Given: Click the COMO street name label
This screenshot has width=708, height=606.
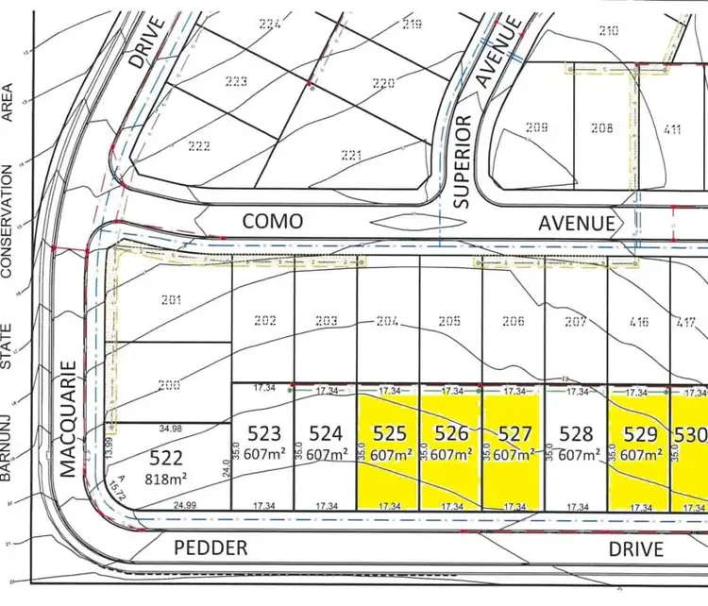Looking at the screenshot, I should [273, 221].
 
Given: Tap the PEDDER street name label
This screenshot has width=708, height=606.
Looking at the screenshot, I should [211, 547].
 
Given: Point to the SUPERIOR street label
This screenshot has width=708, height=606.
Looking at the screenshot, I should [463, 161].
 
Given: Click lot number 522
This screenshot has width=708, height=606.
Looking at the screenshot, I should [166, 458].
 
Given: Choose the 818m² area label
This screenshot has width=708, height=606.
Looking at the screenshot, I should [166, 478].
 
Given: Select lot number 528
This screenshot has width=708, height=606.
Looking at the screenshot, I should [576, 434].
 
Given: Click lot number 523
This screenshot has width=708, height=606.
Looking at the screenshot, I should [264, 434].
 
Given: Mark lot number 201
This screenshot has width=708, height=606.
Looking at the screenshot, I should [170, 300].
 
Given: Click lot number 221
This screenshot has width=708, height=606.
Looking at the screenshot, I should [350, 155].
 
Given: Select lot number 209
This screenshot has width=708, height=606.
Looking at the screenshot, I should [537, 128].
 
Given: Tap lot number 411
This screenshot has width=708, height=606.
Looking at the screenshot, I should [672, 129].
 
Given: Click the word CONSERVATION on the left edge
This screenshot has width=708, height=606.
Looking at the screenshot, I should [8, 223].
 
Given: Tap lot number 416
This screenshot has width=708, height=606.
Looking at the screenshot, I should [639, 322].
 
